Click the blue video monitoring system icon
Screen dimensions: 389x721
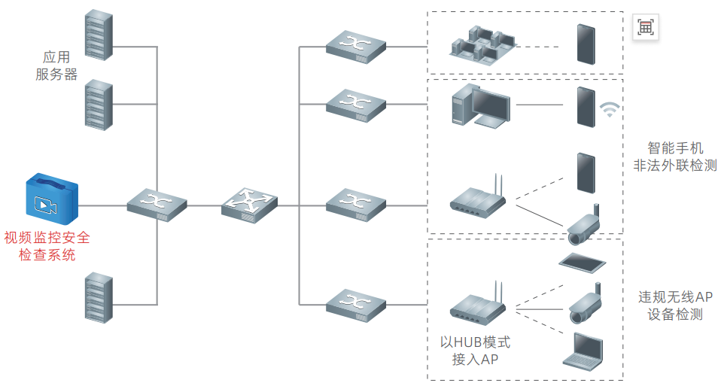(50, 201)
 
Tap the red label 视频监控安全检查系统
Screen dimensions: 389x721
(47, 246)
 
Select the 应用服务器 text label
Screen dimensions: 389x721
(57, 65)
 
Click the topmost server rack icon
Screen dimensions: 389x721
(99, 34)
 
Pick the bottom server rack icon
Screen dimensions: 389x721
(99, 299)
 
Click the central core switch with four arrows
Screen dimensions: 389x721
(249, 204)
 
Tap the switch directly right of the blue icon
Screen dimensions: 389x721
(157, 205)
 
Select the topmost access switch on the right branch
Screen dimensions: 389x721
(356, 46)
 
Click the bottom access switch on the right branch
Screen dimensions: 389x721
(356, 305)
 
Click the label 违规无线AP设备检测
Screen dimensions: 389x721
(675, 305)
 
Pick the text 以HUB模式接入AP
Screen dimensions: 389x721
(475, 351)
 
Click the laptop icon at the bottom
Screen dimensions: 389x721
(583, 350)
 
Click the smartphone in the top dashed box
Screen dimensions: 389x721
(584, 44)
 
